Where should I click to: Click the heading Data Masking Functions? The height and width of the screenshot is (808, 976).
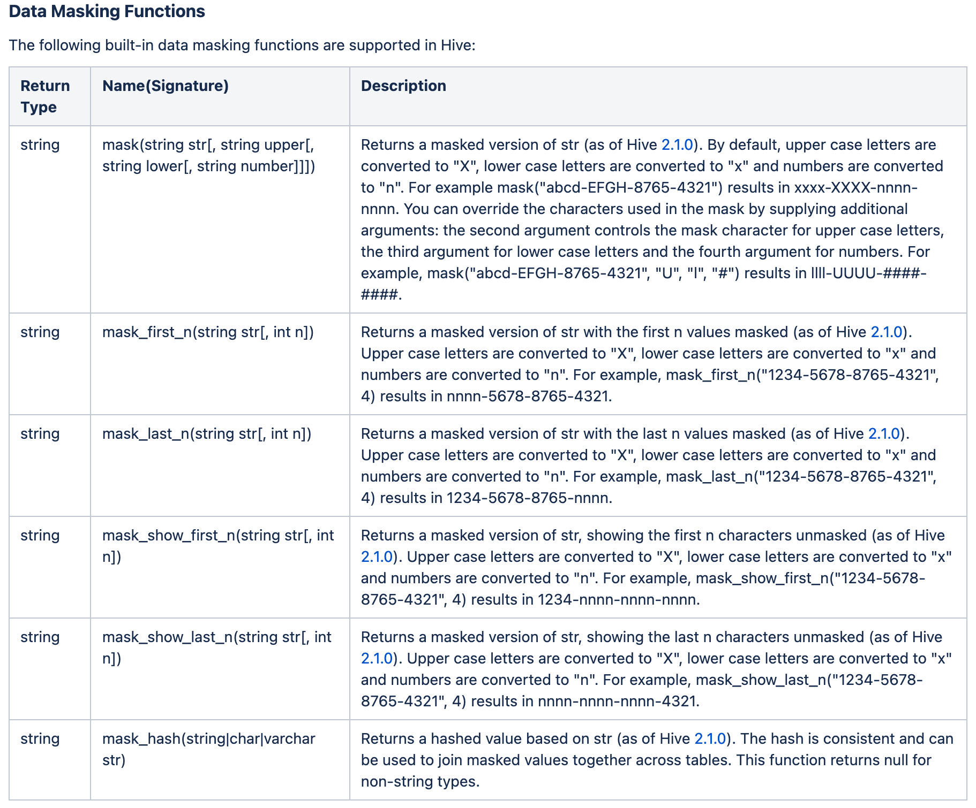pyautogui.click(x=107, y=11)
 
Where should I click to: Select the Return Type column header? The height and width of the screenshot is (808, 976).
pyautogui.click(x=45, y=96)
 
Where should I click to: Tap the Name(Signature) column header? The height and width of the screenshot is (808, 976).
pyautogui.click(x=165, y=86)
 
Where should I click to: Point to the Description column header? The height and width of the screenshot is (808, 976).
pyautogui.click(x=403, y=86)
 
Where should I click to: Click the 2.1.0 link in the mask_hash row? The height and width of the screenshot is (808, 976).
pyautogui.click(x=710, y=738)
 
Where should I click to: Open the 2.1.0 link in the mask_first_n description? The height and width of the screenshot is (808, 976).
pyautogui.click(x=887, y=332)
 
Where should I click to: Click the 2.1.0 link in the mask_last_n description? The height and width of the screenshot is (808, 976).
pyautogui.click(x=884, y=433)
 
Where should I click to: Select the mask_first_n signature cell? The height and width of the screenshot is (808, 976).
pyautogui.click(x=208, y=332)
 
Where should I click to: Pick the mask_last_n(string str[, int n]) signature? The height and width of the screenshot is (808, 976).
pyautogui.click(x=207, y=433)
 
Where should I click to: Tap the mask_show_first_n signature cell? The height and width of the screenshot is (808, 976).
pyautogui.click(x=217, y=545)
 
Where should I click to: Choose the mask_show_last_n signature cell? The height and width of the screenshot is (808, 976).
pyautogui.click(x=216, y=647)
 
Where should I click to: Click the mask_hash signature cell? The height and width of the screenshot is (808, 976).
pyautogui.click(x=208, y=749)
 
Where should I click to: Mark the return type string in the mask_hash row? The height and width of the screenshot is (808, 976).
pyautogui.click(x=40, y=738)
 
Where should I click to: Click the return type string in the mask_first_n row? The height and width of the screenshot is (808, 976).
pyautogui.click(x=40, y=332)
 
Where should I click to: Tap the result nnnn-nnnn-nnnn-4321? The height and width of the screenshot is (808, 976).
pyautogui.click(x=617, y=701)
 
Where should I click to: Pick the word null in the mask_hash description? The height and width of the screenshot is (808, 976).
pyautogui.click(x=887, y=760)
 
